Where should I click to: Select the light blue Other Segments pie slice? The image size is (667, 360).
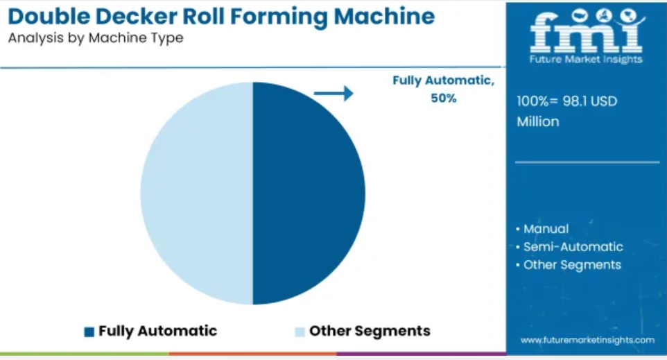(x=197, y=194)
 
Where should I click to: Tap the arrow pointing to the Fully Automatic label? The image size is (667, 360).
(x=333, y=93)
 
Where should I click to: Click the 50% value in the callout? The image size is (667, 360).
(x=443, y=98)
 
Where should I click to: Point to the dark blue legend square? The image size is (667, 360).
(x=89, y=332)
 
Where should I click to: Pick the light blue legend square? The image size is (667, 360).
(x=300, y=332)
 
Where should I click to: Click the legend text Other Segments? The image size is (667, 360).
(x=370, y=331)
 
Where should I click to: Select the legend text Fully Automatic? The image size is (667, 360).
(x=158, y=331)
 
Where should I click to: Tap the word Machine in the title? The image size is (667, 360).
(x=384, y=17)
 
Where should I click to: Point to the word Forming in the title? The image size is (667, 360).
(x=279, y=17)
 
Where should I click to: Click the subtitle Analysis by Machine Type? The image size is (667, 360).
(x=96, y=38)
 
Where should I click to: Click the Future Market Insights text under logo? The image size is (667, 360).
(x=586, y=59)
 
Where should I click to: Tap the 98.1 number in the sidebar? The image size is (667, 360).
(x=573, y=101)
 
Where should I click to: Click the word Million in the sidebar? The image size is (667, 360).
(x=537, y=121)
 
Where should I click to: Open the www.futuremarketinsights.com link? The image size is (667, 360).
(x=587, y=340)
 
